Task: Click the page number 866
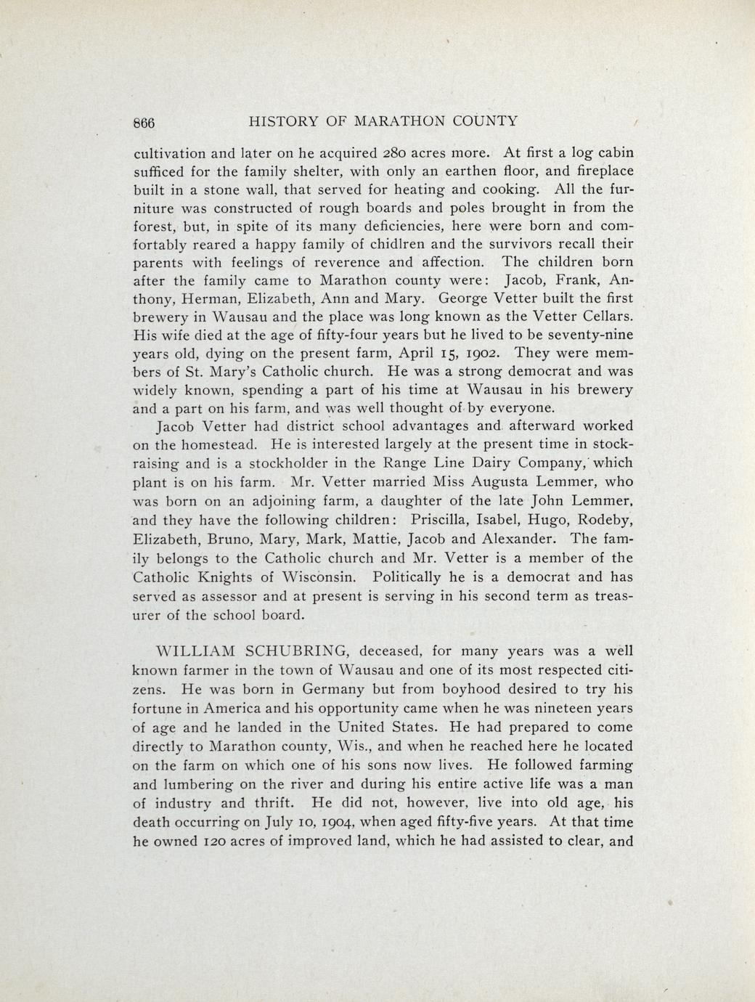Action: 144,123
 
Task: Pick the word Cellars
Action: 605,317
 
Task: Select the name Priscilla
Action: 444,520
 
